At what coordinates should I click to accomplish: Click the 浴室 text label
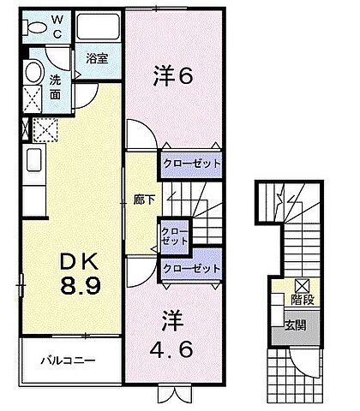coord(97,59)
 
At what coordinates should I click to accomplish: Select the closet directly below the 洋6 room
coord(192,163)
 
